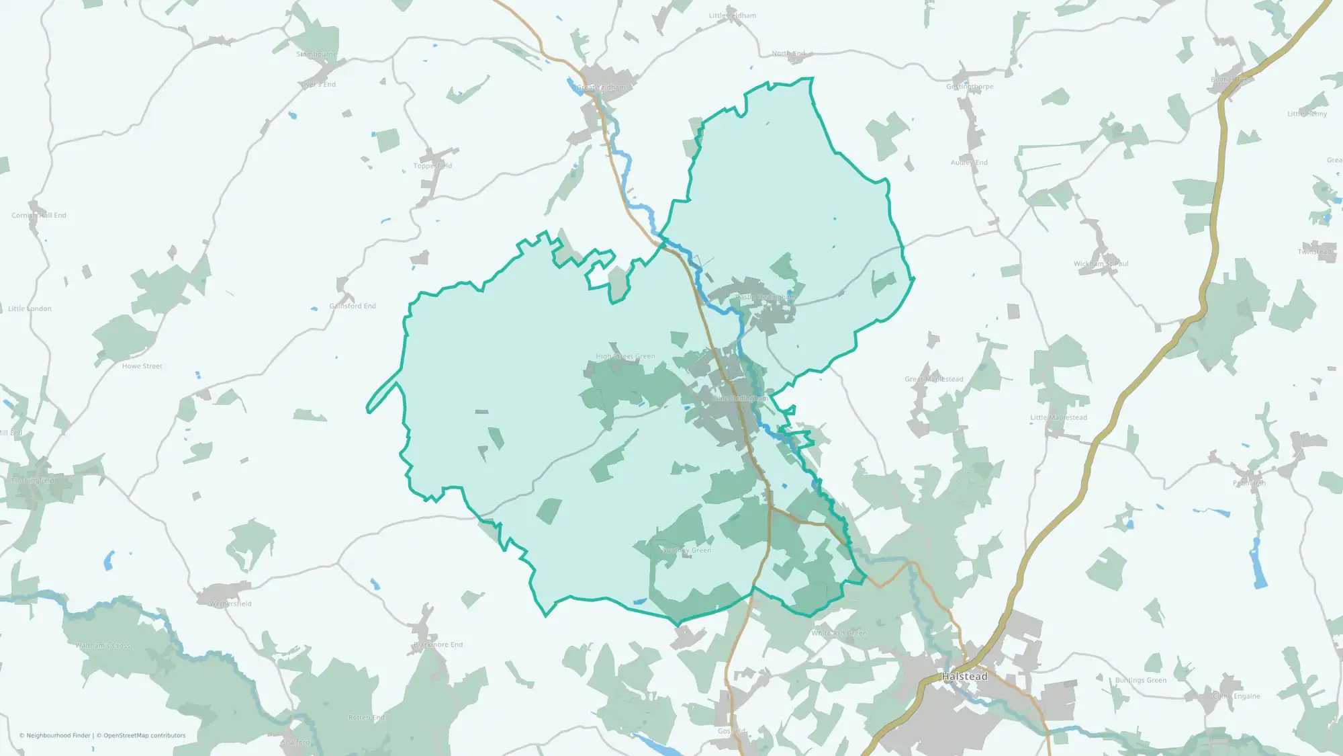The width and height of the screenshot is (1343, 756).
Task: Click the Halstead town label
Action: pos(965,677)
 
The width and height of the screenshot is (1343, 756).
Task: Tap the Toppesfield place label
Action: pos(432,166)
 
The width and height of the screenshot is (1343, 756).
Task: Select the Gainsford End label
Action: pos(353,306)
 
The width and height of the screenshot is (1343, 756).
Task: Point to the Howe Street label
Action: pos(142,366)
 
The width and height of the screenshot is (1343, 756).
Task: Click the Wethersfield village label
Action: pos(230,604)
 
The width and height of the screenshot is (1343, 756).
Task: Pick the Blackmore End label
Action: pos(438,645)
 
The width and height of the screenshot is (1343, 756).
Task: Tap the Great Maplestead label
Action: pos(933,380)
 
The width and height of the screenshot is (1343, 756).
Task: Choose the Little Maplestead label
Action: pos(1058,418)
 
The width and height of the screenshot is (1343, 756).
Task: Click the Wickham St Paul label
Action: pos(1101,264)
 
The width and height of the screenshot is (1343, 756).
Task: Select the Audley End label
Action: pos(969,163)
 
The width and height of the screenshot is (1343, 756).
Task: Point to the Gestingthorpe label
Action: pos(970,87)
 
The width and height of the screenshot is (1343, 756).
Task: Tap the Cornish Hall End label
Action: pos(39,216)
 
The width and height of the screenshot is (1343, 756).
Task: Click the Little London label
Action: pos(30,309)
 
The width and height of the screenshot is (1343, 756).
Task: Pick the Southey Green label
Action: pos(686,550)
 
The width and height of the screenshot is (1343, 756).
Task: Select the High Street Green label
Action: pos(625,357)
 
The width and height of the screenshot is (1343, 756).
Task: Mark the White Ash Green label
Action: pos(839,633)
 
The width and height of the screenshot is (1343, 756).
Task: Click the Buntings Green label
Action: pos(1141,681)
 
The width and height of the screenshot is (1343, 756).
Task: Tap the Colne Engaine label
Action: pos(1236,696)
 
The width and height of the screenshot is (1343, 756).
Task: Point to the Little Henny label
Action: pos(1307,114)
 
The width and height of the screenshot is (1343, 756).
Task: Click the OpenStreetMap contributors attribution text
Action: pos(144,736)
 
